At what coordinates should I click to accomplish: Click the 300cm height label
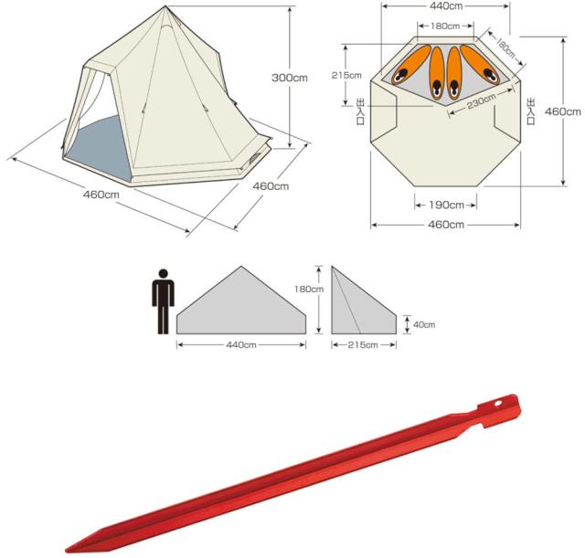click(290, 78)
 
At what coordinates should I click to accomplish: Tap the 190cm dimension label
click(446, 205)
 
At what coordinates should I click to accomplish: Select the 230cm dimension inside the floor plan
click(482, 101)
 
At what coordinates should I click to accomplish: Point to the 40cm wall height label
click(424, 324)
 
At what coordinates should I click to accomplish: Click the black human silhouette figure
click(163, 301)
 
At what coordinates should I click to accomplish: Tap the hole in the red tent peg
click(497, 404)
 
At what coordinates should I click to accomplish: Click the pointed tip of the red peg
click(67, 550)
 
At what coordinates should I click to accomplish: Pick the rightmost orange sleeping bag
click(480, 65)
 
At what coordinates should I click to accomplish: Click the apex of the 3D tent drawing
click(165, 6)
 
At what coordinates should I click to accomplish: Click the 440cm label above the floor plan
click(446, 6)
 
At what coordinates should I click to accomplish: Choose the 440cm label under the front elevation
click(241, 345)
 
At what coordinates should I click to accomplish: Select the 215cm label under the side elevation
click(363, 345)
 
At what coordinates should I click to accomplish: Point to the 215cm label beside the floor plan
click(346, 75)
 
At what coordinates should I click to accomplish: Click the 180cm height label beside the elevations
click(309, 289)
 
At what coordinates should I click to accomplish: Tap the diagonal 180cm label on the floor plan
click(505, 48)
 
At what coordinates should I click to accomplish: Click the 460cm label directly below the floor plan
click(446, 225)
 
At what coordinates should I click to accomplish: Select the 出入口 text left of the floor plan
click(361, 111)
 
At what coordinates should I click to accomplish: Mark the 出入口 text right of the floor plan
click(530, 111)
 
